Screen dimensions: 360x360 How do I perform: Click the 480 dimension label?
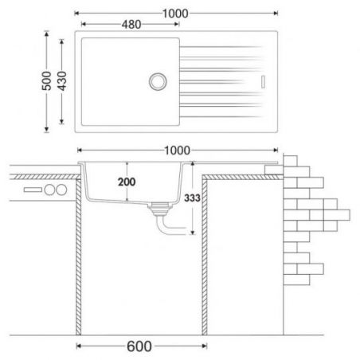coord(131,25)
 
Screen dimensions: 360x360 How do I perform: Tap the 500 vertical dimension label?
coord(47,81)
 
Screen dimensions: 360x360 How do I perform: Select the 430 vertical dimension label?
coord(62,81)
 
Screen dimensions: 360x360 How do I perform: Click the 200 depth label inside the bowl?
coord(127,182)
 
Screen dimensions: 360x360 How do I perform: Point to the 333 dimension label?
coord(192,198)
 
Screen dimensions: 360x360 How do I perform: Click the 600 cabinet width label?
coord(139,346)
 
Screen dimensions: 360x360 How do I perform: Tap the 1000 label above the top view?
coord(175,14)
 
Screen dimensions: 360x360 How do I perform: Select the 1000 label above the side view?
coord(177,151)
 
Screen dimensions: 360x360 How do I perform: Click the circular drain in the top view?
coord(158,81)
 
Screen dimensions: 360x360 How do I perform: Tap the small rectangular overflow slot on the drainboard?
coord(263,82)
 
